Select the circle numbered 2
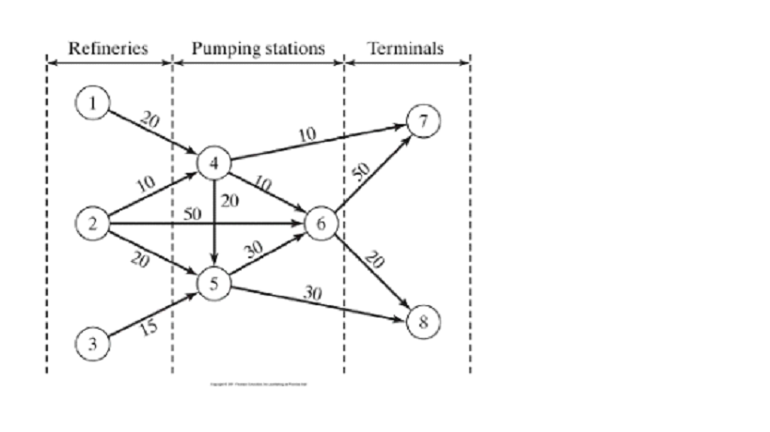91,224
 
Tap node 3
91,343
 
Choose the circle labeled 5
214,283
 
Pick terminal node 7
423,122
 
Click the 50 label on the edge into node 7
362,170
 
